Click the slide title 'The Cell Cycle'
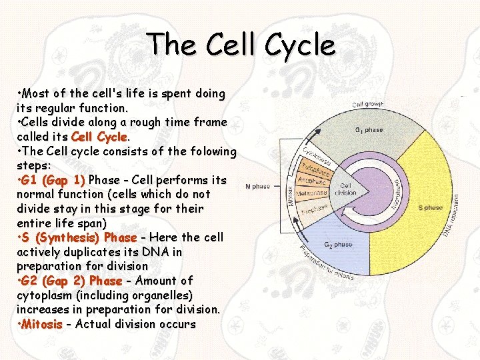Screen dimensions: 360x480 click(242, 45)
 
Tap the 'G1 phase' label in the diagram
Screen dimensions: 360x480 click(369, 130)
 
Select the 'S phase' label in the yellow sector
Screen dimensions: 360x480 click(430, 208)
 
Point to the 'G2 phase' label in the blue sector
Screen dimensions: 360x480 click(338, 245)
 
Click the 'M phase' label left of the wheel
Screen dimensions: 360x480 click(258, 187)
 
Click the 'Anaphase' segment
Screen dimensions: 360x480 click(311, 181)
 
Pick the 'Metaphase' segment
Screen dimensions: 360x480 click(311, 193)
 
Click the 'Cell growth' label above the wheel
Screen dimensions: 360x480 click(367, 104)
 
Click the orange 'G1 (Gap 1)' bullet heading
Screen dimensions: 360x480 click(53, 180)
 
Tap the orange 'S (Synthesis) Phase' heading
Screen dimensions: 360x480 click(79, 238)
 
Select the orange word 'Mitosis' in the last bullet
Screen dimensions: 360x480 click(41, 324)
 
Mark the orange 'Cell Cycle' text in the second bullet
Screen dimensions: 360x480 click(99, 137)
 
